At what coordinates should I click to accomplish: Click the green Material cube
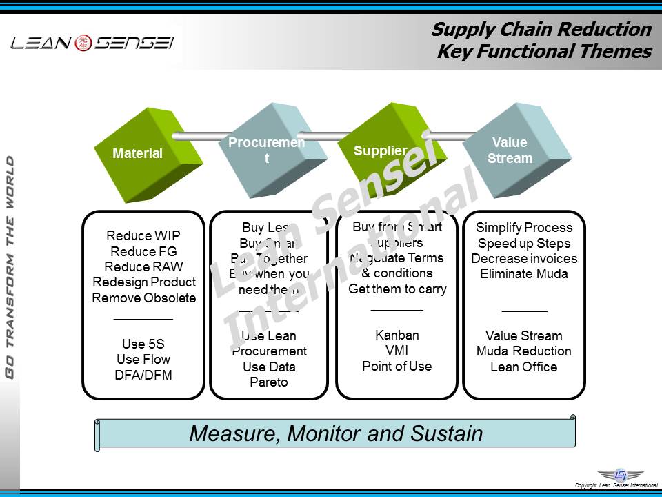[137, 154]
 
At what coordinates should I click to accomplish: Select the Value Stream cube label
[510, 150]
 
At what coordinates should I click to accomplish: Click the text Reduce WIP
[143, 236]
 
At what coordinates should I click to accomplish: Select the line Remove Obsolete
[143, 298]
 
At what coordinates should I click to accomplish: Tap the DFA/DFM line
[143, 376]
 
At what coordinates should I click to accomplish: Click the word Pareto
[269, 382]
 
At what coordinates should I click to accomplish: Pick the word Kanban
[397, 335]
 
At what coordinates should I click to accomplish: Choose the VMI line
[397, 351]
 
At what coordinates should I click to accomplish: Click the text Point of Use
[397, 367]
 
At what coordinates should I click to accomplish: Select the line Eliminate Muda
[524, 273]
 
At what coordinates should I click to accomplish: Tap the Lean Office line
[524, 367]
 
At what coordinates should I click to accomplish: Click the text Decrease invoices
[524, 259]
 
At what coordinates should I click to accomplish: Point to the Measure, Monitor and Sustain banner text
[336, 433]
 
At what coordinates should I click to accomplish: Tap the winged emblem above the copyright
[620, 475]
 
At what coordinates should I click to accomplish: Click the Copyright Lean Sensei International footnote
[616, 485]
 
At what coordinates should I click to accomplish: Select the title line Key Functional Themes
[544, 52]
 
